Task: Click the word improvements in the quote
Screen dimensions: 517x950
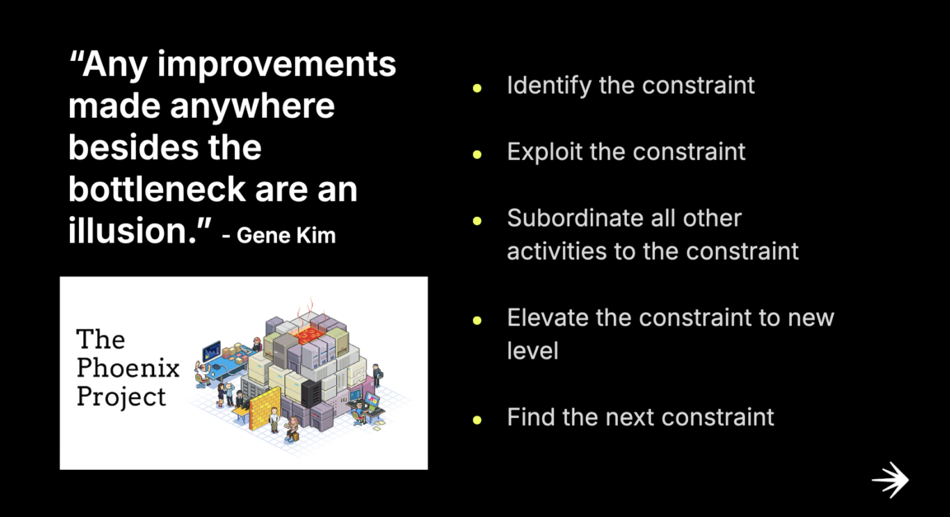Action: tap(277, 64)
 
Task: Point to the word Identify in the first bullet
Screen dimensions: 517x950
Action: tap(549, 85)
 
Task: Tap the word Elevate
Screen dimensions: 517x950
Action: tap(546, 317)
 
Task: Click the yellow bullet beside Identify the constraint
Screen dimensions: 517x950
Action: tap(476, 87)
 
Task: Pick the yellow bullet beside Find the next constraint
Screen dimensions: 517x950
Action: tap(476, 419)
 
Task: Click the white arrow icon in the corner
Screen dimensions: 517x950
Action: tap(890, 480)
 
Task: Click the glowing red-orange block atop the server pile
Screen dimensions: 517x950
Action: tap(310, 335)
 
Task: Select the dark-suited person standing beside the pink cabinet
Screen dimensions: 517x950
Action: tap(376, 375)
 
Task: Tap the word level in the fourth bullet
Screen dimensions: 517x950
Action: tap(532, 350)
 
